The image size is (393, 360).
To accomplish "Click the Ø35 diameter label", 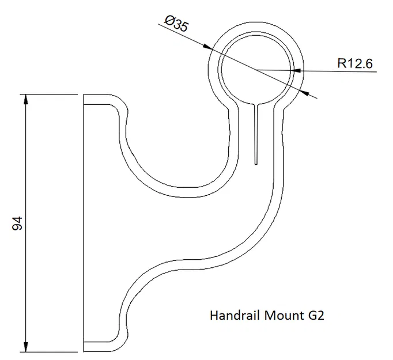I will (x=175, y=24).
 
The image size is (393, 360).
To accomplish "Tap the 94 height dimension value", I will (x=17, y=223).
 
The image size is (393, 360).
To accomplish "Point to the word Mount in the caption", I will (x=281, y=315).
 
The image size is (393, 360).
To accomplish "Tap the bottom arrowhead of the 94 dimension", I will (x=25, y=347).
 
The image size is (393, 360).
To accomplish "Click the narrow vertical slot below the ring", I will (x=255, y=132).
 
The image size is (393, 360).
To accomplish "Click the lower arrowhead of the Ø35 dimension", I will (x=305, y=93).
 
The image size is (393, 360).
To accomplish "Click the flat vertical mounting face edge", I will (x=84, y=222).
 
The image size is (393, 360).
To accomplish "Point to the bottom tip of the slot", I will (x=255, y=163).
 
